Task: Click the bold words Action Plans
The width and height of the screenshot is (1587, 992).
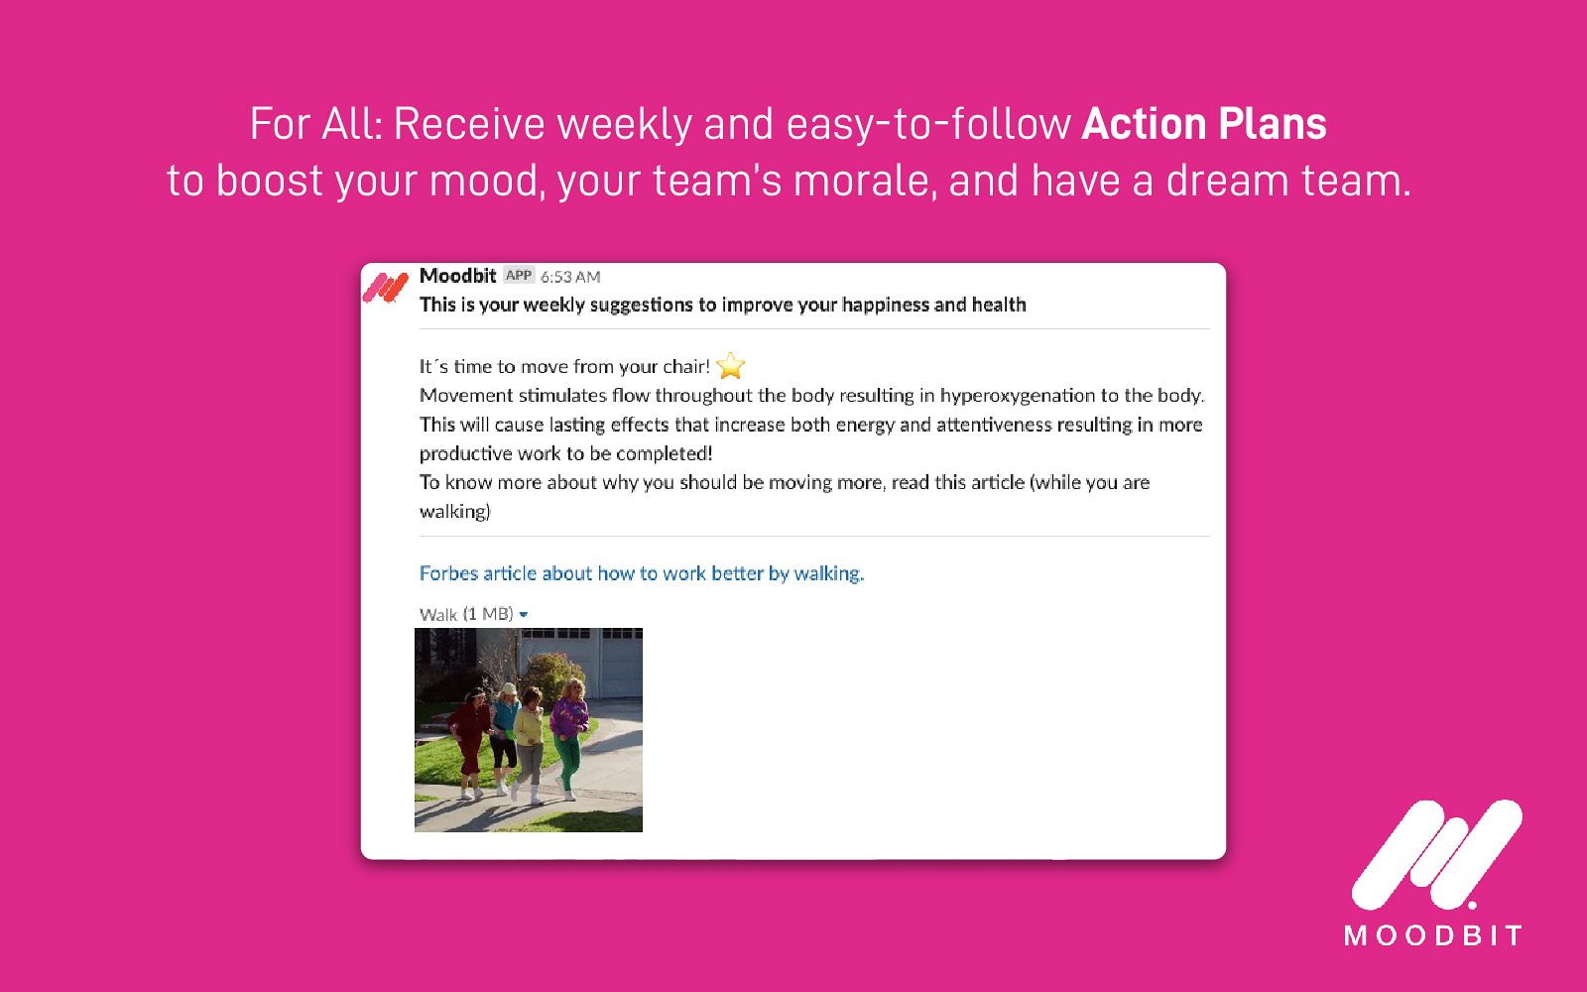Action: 1203,125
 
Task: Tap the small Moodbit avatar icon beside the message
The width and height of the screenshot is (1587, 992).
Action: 386,288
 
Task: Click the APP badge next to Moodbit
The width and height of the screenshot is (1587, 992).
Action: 519,276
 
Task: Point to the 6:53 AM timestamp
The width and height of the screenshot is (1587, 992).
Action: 570,277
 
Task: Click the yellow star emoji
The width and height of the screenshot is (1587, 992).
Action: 731,366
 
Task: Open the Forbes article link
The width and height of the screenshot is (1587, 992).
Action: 641,573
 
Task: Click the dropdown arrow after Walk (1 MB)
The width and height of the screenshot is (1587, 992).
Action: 524,615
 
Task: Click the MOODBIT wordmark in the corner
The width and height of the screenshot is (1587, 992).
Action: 1432,935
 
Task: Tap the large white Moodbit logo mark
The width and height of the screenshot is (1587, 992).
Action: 1436,853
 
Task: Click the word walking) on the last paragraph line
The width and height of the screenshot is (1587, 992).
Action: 454,512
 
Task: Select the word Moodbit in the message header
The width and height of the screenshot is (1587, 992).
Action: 457,276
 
